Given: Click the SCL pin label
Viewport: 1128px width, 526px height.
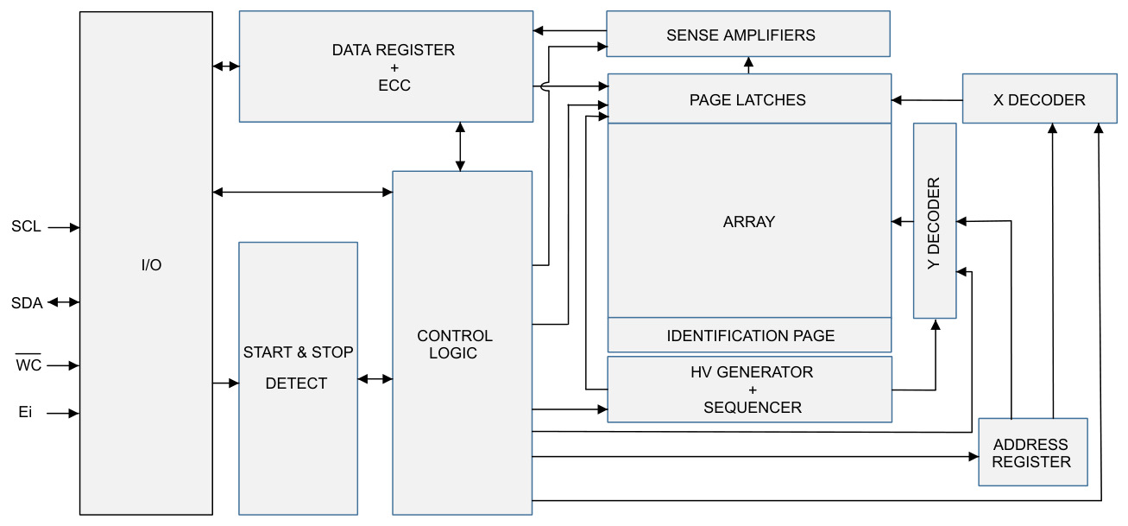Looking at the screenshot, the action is (26, 226).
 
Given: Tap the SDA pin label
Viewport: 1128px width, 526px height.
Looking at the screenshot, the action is (27, 303).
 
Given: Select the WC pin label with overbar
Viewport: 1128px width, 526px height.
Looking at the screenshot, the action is (28, 363).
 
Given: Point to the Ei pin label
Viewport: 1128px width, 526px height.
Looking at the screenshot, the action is (25, 412).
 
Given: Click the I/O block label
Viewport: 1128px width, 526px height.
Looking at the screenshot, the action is (151, 265).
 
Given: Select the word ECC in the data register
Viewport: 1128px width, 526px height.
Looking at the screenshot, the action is (394, 86).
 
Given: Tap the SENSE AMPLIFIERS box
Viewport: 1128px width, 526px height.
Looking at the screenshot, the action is (748, 34).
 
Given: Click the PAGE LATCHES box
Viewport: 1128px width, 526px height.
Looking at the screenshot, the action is (749, 98).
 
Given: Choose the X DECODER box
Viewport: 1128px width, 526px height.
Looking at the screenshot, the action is (1040, 98).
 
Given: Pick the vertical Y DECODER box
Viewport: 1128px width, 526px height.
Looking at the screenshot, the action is (935, 221).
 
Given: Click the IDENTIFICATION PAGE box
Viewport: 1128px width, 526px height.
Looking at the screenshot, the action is (749, 335).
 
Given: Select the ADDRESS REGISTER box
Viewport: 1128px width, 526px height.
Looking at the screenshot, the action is (1033, 452).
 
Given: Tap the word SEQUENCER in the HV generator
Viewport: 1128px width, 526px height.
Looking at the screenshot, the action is (753, 407).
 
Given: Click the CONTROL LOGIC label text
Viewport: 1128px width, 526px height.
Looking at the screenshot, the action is (455, 344).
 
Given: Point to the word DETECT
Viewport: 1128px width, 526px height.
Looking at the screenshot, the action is (296, 383).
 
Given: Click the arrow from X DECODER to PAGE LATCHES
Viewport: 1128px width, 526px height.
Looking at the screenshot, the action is (927, 100).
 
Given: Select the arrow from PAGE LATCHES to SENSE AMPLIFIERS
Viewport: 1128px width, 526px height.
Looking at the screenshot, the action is (749, 66).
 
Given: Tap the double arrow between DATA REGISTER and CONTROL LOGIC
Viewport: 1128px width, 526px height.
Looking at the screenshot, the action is (460, 147).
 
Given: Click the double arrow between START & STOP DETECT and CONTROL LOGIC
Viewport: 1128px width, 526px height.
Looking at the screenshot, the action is (375, 379).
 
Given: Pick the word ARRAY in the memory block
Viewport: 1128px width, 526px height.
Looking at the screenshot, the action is (749, 222).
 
